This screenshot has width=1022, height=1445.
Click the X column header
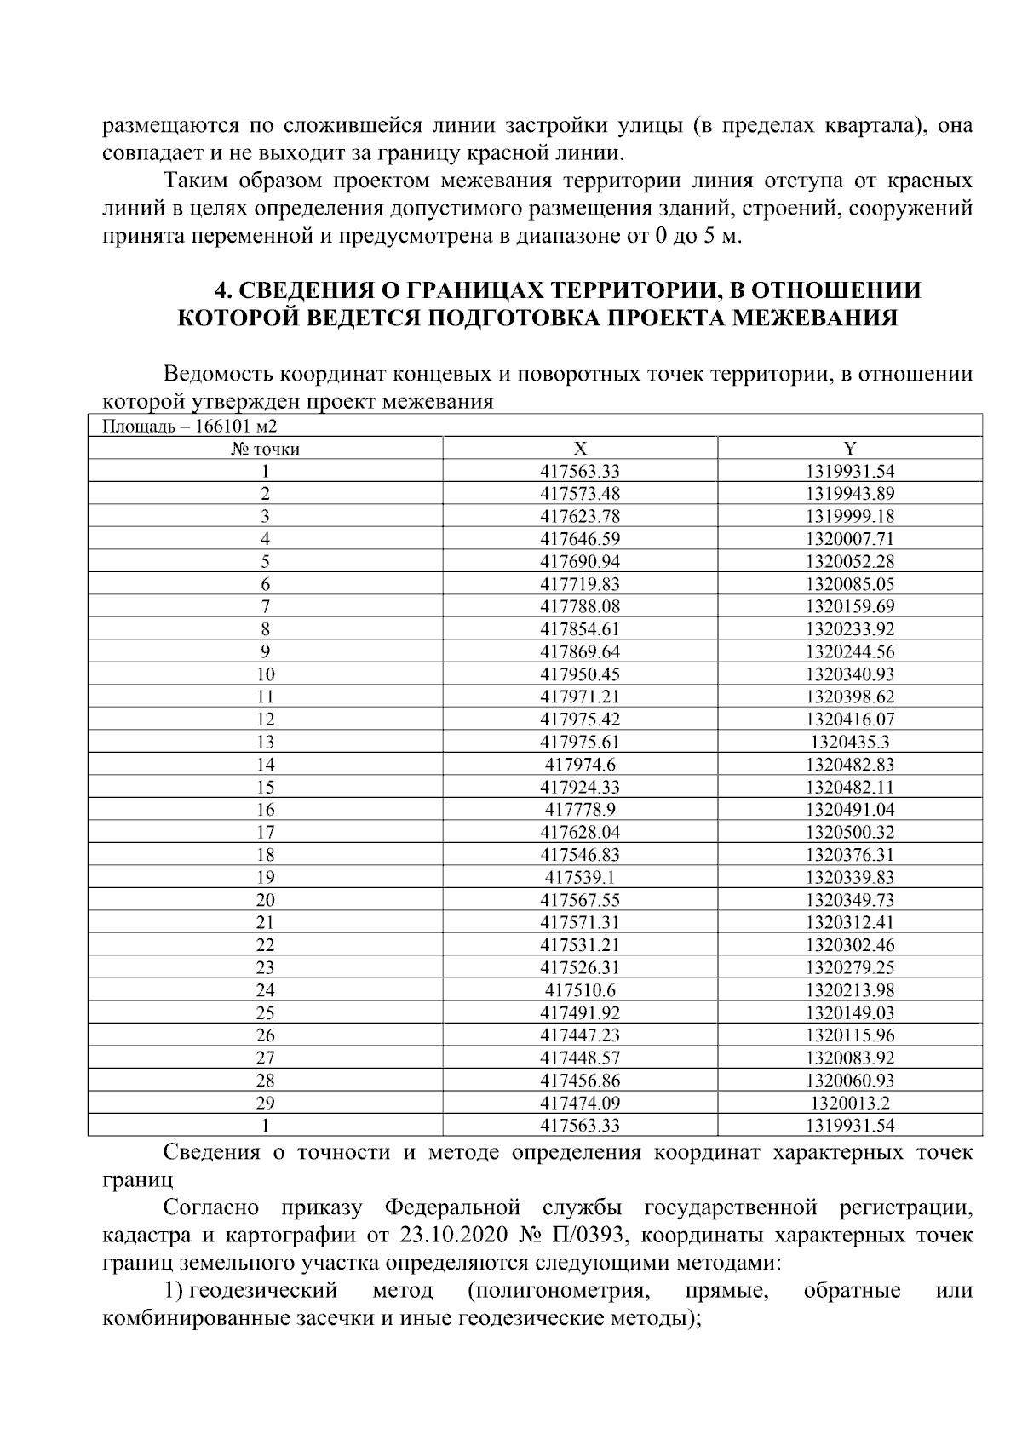[x=580, y=449]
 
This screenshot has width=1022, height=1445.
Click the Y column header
[x=849, y=449]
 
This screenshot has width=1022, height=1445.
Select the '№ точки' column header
[x=265, y=449]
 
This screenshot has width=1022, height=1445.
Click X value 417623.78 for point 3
[x=580, y=516]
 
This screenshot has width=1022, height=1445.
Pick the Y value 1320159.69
[x=849, y=606]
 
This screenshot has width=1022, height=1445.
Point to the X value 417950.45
[x=580, y=674]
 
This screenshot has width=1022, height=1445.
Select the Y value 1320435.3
[x=849, y=742]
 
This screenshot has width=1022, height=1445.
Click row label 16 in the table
[x=265, y=810]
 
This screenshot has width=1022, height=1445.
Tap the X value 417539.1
[x=580, y=877]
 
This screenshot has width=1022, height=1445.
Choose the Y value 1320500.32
[x=849, y=832]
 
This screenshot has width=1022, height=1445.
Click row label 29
[x=265, y=1103]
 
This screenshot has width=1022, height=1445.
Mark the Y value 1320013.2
[x=849, y=1103]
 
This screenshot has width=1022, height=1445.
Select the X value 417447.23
[x=580, y=1035]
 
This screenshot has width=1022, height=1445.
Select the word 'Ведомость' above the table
[x=218, y=374]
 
